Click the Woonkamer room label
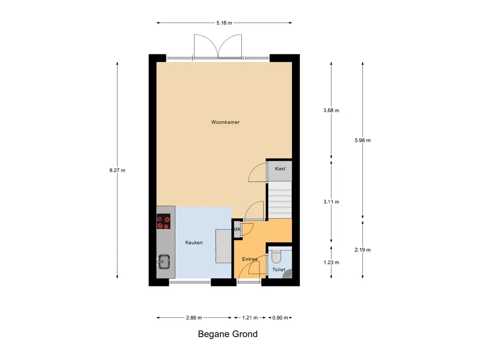point(225,122)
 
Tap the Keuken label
point(194,243)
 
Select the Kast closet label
point(280,169)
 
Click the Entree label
point(250,259)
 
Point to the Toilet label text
point(278,270)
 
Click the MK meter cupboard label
point(237,229)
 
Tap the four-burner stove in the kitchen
point(164,222)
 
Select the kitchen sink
point(164,262)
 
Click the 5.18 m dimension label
point(225,22)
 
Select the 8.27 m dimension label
point(117,171)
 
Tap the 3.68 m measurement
point(331,111)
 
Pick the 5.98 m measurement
point(363,140)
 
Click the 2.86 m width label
point(194,318)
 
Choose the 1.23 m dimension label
point(331,262)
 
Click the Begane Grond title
point(227,334)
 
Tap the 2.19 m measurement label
point(363,249)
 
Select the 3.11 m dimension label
point(331,202)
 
